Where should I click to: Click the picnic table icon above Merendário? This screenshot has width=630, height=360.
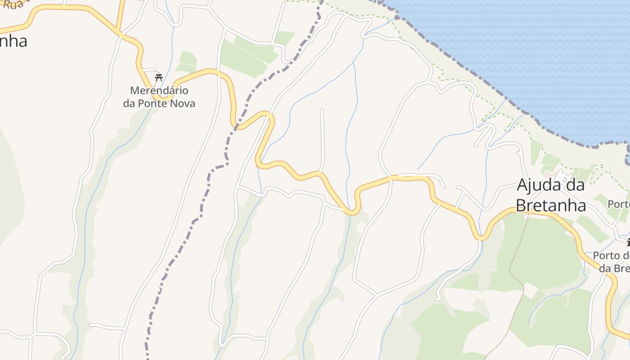pyautogui.click(x=158, y=77)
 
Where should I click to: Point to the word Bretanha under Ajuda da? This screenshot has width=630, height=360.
pyautogui.click(x=550, y=206)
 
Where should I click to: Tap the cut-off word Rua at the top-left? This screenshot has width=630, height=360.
pyautogui.click(x=12, y=4)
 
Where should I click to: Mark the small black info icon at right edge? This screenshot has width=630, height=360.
pyautogui.click(x=628, y=243)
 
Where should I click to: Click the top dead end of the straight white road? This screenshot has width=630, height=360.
pyautogui.click(x=321, y=109)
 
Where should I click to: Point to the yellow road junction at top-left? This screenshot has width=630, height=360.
pyautogui.click(x=119, y=31)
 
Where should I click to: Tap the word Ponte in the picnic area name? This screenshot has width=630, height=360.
pyautogui.click(x=150, y=103)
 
